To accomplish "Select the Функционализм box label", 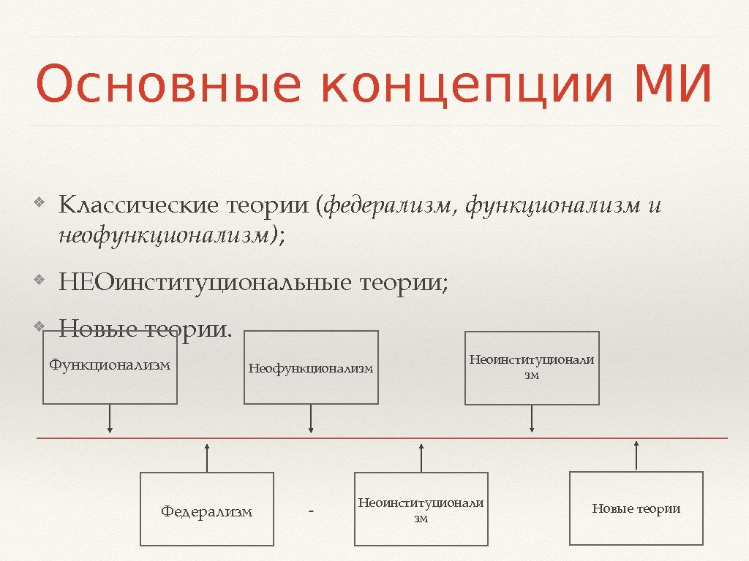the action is click(110, 364).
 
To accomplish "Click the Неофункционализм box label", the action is click(311, 368).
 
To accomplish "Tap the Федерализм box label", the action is click(206, 511).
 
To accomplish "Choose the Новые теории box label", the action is click(636, 508).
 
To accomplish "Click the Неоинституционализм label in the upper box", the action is click(532, 367).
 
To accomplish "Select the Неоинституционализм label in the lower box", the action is click(421, 510).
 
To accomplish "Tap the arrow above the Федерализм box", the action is click(207, 457).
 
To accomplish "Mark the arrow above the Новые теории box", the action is click(636, 455).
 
